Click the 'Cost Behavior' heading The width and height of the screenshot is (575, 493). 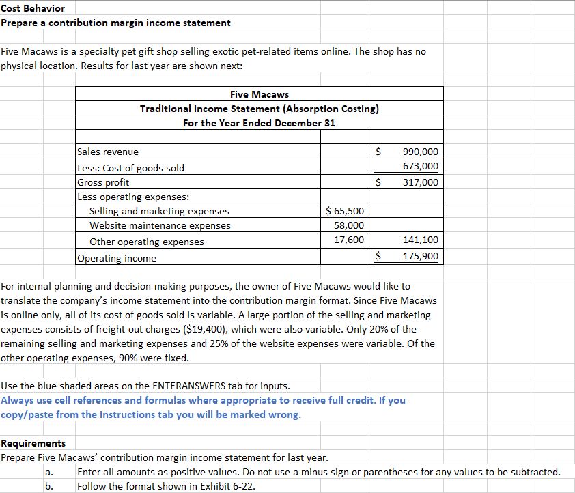[33, 8]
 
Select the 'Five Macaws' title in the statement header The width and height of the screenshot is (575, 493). [259, 94]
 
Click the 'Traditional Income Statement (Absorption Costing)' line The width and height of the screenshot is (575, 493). [259, 109]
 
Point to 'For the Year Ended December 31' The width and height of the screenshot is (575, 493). [259, 123]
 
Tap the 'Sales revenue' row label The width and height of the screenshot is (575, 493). [108, 152]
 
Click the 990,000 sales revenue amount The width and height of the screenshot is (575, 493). [421, 152]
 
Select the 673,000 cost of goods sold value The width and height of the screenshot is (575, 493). [421, 167]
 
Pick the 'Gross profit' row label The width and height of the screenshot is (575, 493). [103, 182]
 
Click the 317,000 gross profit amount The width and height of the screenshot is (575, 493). [421, 182]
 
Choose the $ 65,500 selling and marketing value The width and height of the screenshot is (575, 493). [346, 211]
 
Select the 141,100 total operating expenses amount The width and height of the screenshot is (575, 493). [421, 240]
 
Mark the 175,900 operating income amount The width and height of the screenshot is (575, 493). [421, 257]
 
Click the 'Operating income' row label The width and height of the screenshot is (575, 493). [117, 258]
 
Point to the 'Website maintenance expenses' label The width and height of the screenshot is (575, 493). [160, 225]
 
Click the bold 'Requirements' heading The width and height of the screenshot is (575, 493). [33, 443]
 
